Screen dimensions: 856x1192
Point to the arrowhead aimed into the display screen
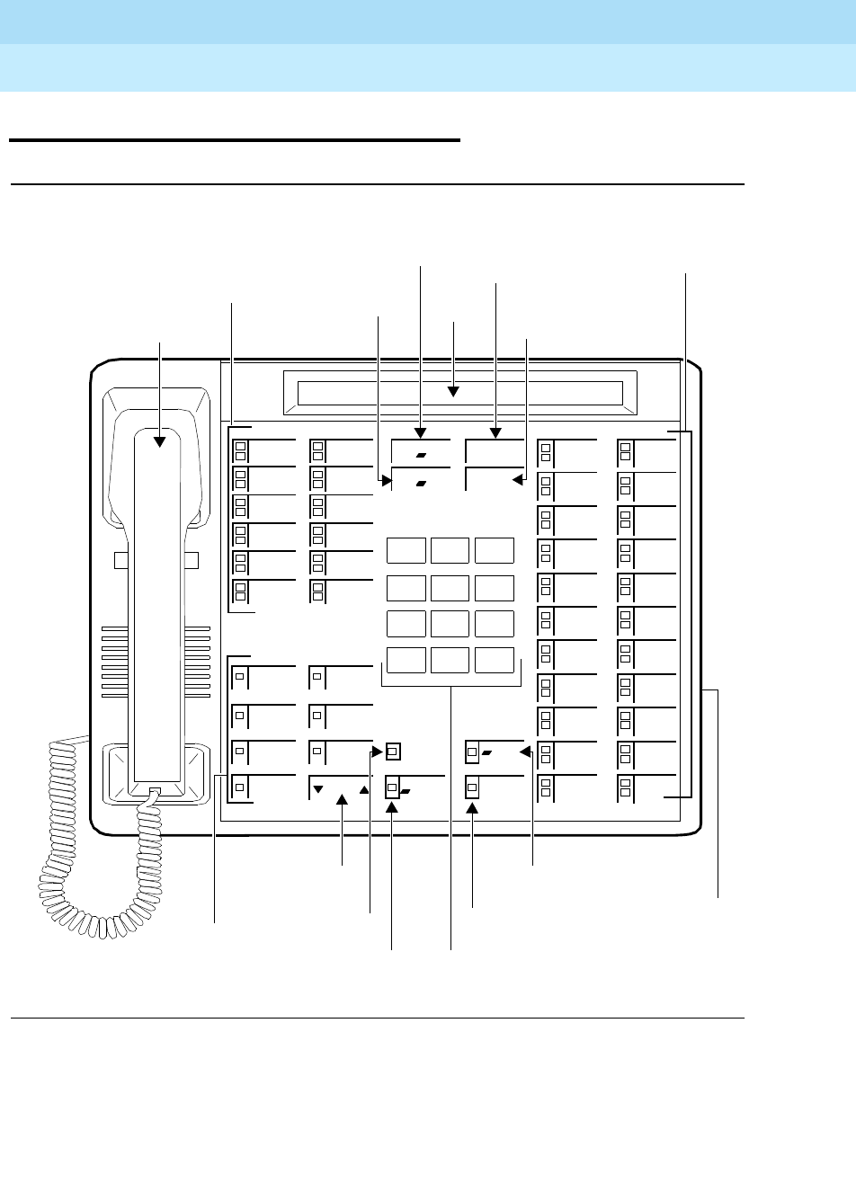(x=454, y=391)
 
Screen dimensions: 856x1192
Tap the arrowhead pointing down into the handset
(x=161, y=440)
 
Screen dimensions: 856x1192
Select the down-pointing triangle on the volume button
(x=317, y=791)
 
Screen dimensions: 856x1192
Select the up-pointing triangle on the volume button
(x=363, y=791)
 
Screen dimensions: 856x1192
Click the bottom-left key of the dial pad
(x=406, y=659)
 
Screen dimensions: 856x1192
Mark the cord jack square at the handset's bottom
(x=155, y=792)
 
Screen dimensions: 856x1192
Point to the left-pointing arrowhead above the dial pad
(x=517, y=480)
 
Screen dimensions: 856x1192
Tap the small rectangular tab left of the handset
(x=120, y=560)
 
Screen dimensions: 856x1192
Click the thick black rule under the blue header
(x=234, y=140)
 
